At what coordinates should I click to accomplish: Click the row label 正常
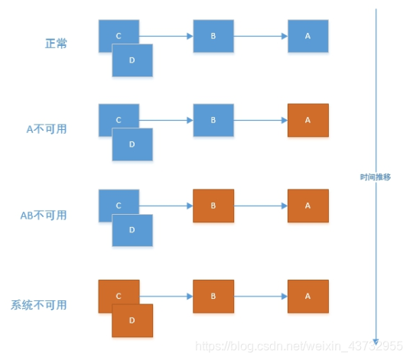click(57, 44)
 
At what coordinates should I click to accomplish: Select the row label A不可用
click(47, 129)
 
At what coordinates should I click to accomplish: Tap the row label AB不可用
click(44, 215)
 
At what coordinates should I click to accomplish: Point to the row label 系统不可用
click(39, 305)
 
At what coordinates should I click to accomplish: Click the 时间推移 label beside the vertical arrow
click(376, 177)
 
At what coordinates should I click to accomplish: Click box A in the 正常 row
click(308, 36)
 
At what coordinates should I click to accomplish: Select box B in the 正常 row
click(213, 36)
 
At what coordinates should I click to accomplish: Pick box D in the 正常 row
click(132, 60)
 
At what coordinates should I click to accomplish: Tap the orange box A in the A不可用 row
click(308, 121)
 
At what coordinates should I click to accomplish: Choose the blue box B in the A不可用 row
click(213, 121)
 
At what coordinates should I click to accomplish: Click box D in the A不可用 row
click(132, 145)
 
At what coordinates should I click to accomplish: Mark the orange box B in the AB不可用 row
click(213, 206)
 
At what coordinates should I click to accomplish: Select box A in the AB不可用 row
click(308, 206)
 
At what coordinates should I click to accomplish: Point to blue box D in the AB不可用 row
click(132, 231)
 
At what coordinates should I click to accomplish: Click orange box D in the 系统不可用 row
click(132, 321)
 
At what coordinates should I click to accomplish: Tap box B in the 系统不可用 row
click(213, 297)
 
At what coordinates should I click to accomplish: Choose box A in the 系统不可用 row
click(308, 297)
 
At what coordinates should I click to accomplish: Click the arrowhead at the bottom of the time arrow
click(376, 341)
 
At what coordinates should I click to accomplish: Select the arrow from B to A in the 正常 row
click(260, 36)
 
